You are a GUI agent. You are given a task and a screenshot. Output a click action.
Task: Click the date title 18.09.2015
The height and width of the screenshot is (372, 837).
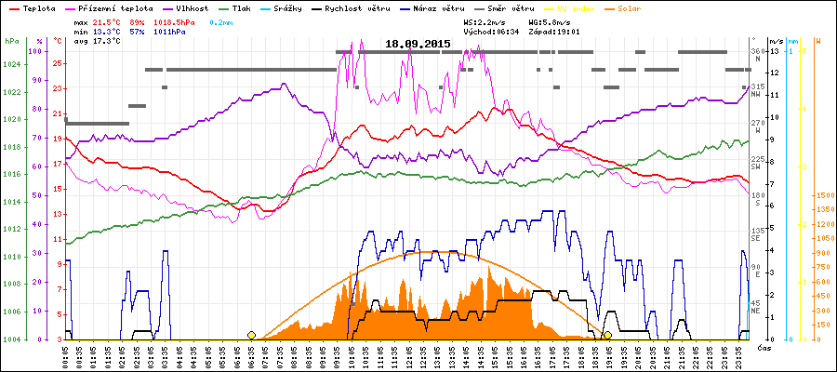(418, 44)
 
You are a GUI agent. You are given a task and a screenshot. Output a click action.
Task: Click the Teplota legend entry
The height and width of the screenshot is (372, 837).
(37, 7)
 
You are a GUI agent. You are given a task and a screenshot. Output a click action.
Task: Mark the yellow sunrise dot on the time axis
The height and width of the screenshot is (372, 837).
(251, 335)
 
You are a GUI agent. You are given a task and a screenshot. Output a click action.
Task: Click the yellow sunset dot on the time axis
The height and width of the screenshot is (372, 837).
(607, 335)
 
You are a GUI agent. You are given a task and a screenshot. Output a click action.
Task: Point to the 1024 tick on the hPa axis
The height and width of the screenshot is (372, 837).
(11, 64)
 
